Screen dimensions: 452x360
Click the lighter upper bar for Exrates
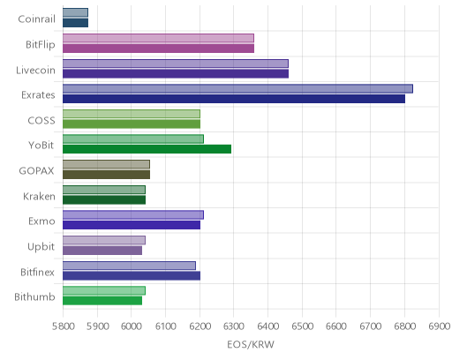pyautogui.click(x=237, y=88)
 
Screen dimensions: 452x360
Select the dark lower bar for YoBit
pyautogui.click(x=147, y=149)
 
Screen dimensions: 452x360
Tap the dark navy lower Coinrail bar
pyautogui.click(x=75, y=23)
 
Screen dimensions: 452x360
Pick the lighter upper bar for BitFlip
pyautogui.click(x=158, y=38)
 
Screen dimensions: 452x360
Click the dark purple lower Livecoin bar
pyautogui.click(x=176, y=73)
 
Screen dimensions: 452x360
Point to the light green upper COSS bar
pyautogui.click(x=132, y=114)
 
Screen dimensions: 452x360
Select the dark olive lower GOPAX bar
pyautogui.click(x=106, y=175)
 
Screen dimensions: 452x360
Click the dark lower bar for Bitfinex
pyautogui.click(x=132, y=276)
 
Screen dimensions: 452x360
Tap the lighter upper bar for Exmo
pyautogui.click(x=133, y=215)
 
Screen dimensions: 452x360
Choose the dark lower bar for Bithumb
pyautogui.click(x=102, y=301)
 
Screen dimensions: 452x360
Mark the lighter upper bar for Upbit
pyautogui.click(x=104, y=240)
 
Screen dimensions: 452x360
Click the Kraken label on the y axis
pyautogui.click(x=39, y=196)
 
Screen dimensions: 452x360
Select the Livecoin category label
pyautogui.click(x=35, y=70)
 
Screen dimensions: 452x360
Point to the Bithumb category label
pyautogui.click(x=34, y=296)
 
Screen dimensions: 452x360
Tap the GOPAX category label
pyautogui.click(x=37, y=171)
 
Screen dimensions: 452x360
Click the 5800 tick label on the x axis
pyautogui.click(x=64, y=326)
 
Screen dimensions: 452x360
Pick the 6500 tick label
pyautogui.click(x=302, y=326)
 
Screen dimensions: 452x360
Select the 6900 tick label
pyautogui.click(x=440, y=326)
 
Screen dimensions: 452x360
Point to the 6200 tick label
pyautogui.click(x=200, y=326)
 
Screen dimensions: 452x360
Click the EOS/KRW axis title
pyautogui.click(x=251, y=344)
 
